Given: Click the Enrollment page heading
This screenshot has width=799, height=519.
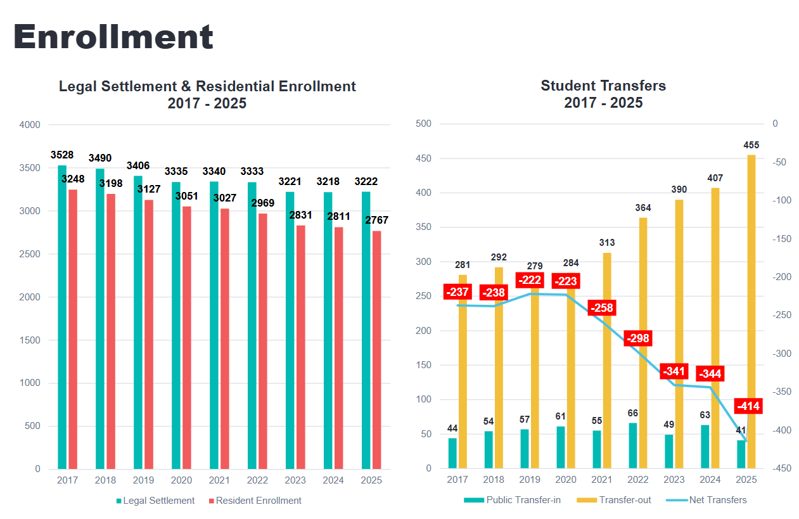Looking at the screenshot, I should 113,37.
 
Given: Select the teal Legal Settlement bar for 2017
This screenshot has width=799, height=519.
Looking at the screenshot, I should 62,317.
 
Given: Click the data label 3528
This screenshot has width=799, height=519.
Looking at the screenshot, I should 62,155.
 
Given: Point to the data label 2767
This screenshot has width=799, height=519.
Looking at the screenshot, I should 377,221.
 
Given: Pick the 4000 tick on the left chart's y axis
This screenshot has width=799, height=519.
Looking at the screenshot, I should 30,125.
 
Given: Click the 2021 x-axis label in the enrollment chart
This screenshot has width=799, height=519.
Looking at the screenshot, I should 219,480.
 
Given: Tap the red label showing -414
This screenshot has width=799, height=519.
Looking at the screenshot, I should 748,406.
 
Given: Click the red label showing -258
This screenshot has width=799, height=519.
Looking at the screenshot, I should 602,308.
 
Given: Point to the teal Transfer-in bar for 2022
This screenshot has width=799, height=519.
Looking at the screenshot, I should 633,445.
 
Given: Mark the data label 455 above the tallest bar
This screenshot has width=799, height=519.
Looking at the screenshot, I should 751,145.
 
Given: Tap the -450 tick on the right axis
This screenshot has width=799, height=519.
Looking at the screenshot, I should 779,468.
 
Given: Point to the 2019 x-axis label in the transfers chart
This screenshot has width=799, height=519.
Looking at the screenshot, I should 530,480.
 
